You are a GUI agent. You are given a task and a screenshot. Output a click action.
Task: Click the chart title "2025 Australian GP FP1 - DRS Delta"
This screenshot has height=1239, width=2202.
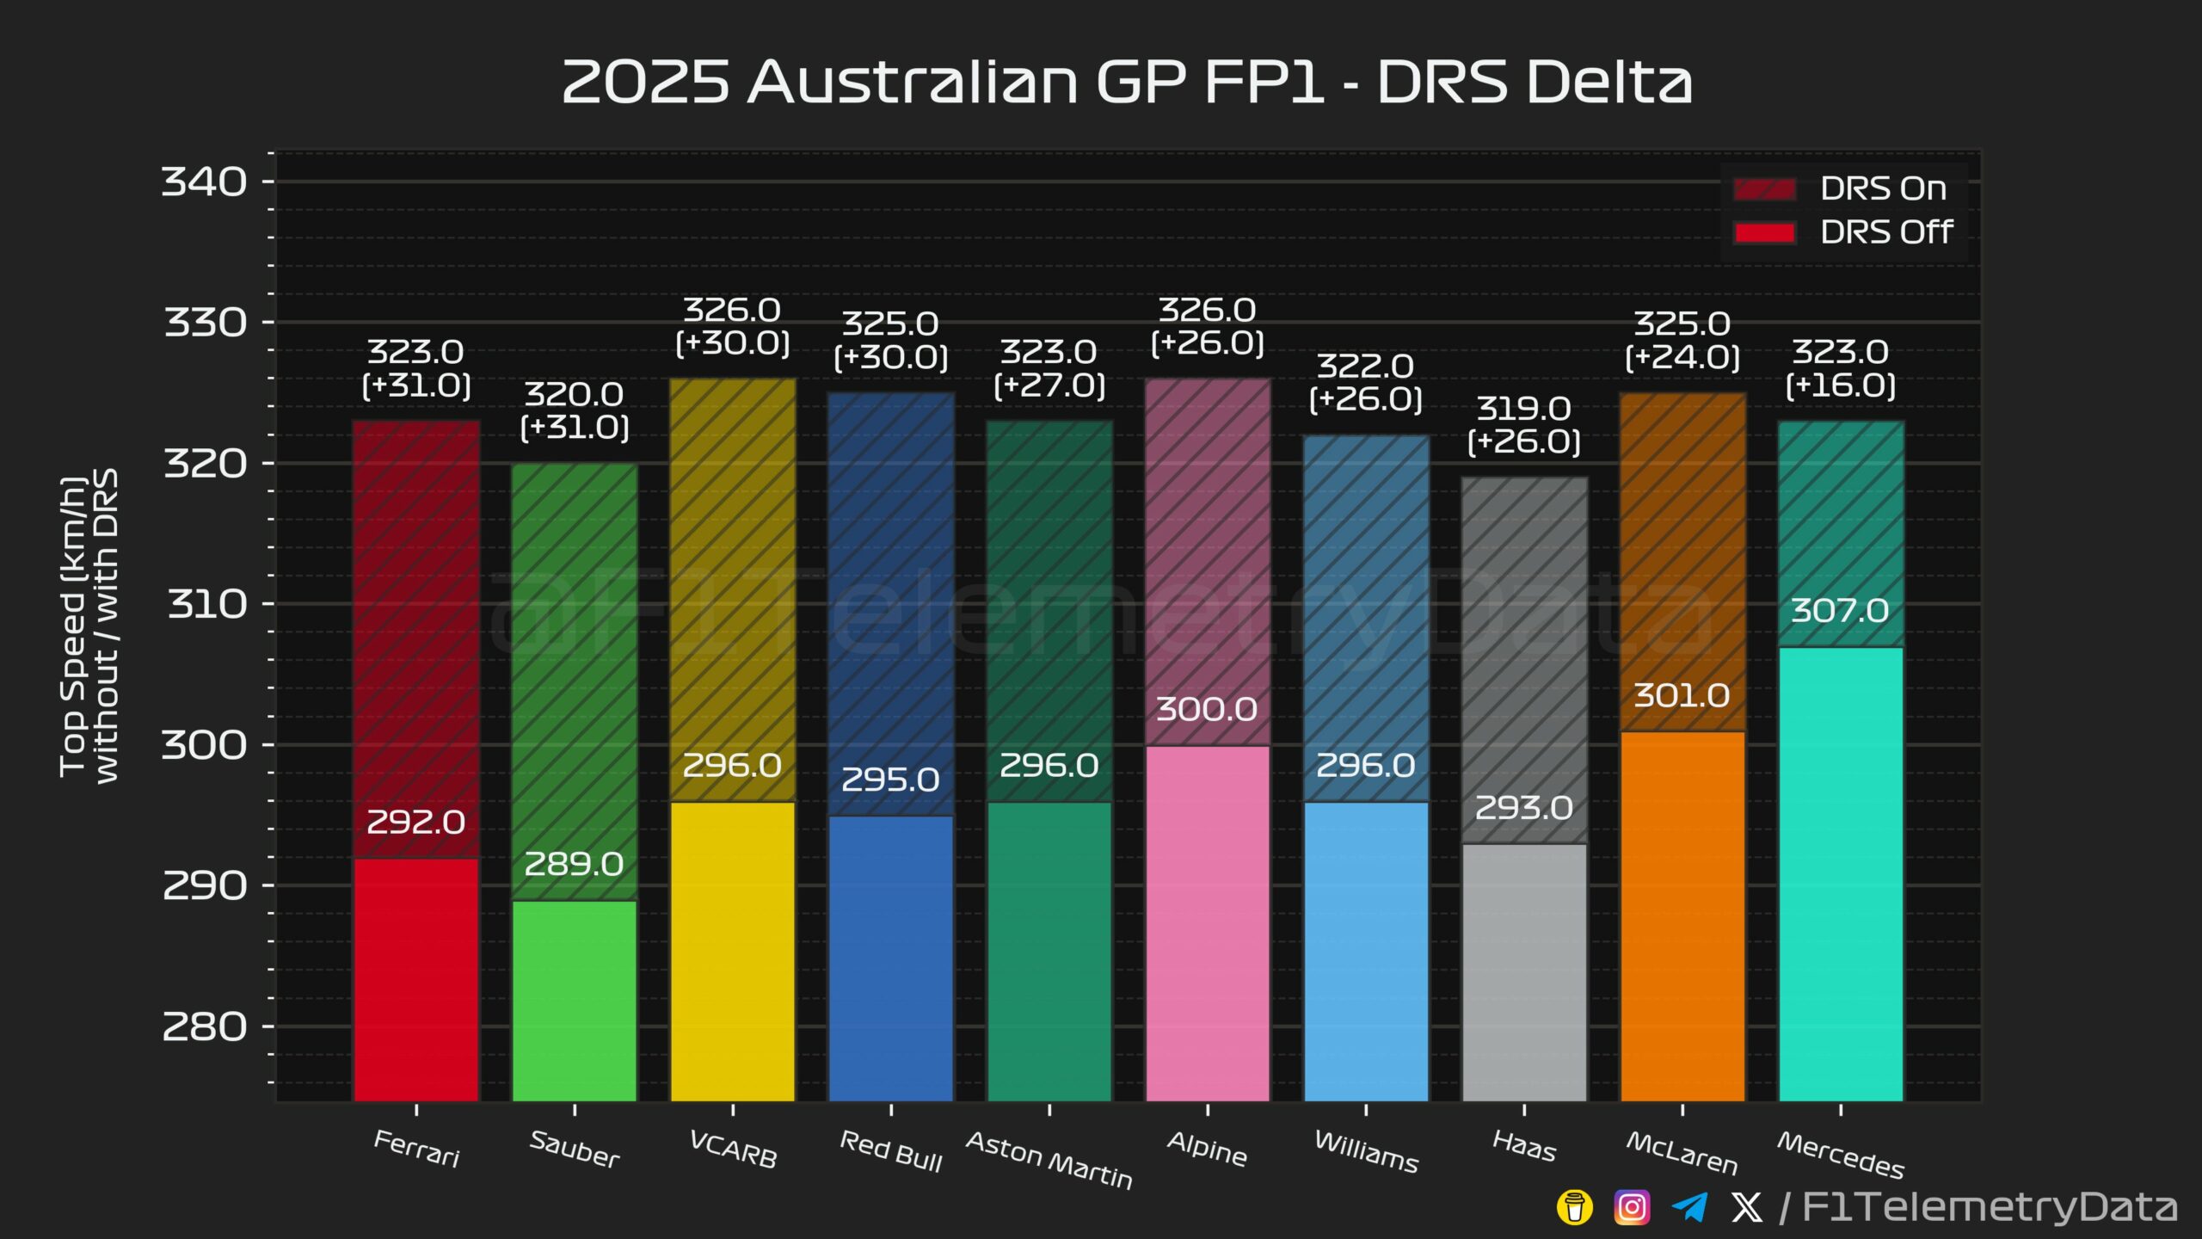pos(1127,83)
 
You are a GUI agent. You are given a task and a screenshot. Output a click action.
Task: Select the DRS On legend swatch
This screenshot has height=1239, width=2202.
pos(1764,189)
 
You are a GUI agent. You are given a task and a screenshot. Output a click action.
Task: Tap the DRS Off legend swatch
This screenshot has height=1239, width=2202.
pos(1764,233)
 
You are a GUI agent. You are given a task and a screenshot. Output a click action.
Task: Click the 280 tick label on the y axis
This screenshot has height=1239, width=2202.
pos(204,1026)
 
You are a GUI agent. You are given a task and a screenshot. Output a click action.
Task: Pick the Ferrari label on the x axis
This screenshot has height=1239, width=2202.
pos(417,1149)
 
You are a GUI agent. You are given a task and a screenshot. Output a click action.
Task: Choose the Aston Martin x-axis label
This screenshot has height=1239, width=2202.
pos(1049,1160)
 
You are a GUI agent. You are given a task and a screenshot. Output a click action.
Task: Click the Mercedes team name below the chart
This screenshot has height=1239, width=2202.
pos(1841,1155)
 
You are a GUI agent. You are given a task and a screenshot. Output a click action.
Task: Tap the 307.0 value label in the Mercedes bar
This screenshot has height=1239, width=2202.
pos(1840,611)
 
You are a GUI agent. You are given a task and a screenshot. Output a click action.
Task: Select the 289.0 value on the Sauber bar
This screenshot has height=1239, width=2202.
pos(574,864)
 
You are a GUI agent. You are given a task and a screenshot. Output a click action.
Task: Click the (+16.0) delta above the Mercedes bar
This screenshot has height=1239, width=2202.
pos(1841,385)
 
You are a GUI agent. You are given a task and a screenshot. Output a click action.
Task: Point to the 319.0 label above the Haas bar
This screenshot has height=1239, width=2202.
pos(1524,408)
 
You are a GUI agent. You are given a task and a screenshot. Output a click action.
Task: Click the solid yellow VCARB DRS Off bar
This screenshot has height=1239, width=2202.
pos(733,952)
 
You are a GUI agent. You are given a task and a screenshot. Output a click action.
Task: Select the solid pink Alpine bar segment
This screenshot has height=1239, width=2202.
pos(1208,923)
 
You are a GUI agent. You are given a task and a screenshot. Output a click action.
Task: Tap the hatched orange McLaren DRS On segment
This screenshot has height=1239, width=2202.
pos(1682,563)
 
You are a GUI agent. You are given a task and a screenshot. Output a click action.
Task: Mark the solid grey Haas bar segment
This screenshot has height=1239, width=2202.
pos(1524,972)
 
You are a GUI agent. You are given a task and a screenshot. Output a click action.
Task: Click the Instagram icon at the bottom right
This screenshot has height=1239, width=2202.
pos(1632,1207)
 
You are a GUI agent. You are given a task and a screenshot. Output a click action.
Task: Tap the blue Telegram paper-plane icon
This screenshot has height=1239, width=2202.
pos(1689,1207)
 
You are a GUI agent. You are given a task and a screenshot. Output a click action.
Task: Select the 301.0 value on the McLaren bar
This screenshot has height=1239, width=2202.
pos(1682,695)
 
